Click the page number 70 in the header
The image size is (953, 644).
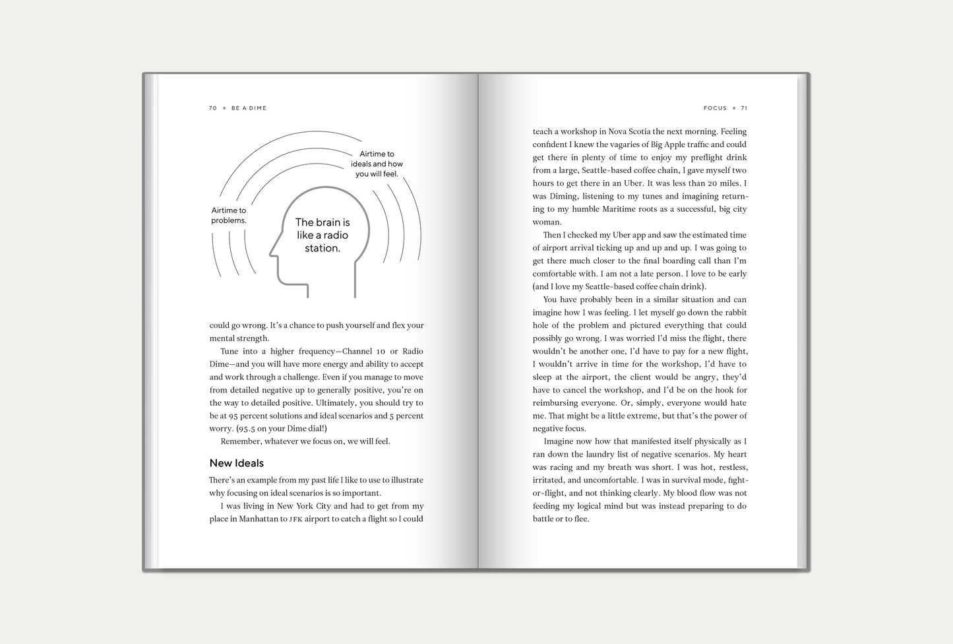pyautogui.click(x=212, y=108)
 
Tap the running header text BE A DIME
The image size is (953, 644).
pyautogui.click(x=249, y=108)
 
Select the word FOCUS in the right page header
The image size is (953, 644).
pyautogui.click(x=715, y=108)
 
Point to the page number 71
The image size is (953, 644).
pyautogui.click(x=744, y=108)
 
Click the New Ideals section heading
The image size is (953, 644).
pyautogui.click(x=236, y=463)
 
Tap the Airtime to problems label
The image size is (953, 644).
pyautogui.click(x=228, y=216)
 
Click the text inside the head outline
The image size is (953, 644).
pyautogui.click(x=323, y=236)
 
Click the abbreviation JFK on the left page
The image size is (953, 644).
pyautogui.click(x=296, y=519)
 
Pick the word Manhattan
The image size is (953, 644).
pyautogui.click(x=259, y=519)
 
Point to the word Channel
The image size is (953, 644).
pyautogui.click(x=357, y=352)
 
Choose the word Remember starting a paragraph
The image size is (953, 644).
pyautogui.click(x=241, y=441)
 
